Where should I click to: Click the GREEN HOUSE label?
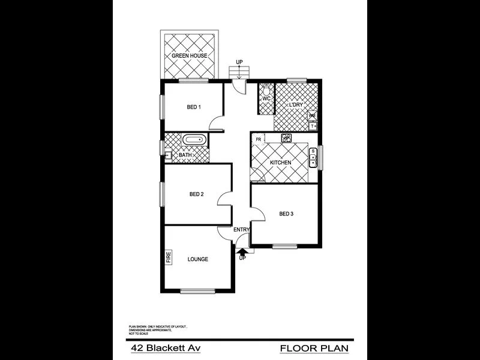(x=189, y=56)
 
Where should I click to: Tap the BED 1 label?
(x=193, y=107)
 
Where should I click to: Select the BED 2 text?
(x=197, y=194)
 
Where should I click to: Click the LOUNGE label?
(x=197, y=259)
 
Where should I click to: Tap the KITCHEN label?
(x=280, y=163)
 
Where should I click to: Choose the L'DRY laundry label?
(x=296, y=106)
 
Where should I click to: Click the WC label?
(x=266, y=98)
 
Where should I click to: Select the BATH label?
(x=185, y=155)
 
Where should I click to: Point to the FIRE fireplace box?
(x=169, y=257)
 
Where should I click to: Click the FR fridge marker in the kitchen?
(x=258, y=140)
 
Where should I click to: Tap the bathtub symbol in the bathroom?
(x=194, y=140)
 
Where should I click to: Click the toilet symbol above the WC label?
(x=266, y=87)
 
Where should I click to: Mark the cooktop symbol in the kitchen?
(x=287, y=138)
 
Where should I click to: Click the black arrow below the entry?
(x=242, y=251)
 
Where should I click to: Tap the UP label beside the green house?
(x=239, y=62)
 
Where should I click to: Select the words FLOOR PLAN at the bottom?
(x=314, y=348)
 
